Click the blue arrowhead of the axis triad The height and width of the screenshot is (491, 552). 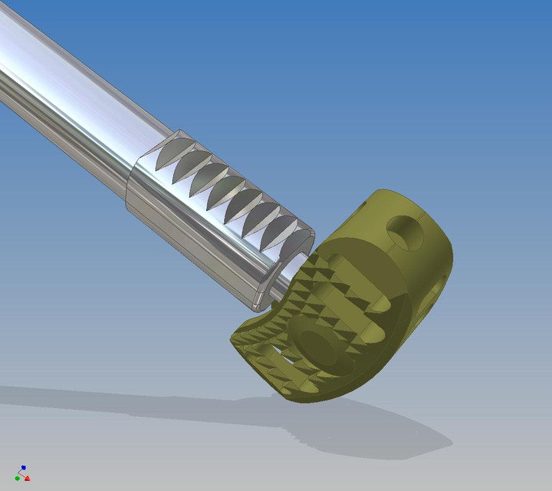tap(24, 466)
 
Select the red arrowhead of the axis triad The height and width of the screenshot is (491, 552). tap(28, 479)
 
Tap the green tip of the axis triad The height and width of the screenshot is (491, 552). tap(17, 478)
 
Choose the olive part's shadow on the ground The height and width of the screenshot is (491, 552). tap(383, 430)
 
